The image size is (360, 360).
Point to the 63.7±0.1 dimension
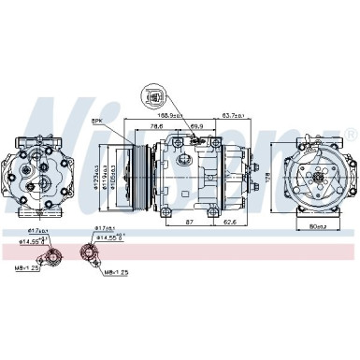(x=233, y=116)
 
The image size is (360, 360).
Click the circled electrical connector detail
(x=152, y=96)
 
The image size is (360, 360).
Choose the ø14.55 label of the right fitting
(x=108, y=237)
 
